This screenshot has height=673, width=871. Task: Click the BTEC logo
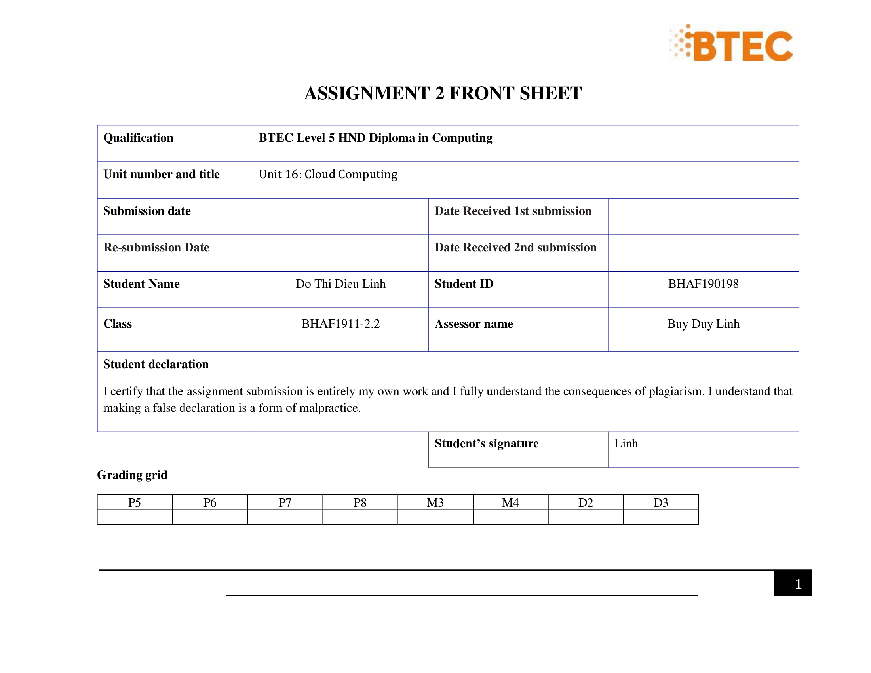pos(731,44)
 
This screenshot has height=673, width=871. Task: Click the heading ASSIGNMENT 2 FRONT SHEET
pos(443,93)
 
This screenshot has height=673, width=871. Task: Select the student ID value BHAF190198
pos(703,284)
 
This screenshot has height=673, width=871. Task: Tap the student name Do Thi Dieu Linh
pos(340,284)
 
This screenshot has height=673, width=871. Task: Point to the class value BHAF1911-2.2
pos(340,324)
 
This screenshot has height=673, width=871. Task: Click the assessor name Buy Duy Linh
pos(703,324)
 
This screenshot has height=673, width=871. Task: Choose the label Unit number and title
pos(162,174)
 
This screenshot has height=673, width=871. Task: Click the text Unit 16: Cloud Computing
pos(328,174)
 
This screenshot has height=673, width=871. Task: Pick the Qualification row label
pos(139,138)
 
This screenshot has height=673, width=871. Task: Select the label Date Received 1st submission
pos(513,211)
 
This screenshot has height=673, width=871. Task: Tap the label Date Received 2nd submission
pos(515,247)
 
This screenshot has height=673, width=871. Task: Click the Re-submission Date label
pos(156,247)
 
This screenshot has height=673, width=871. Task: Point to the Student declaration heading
pos(156,364)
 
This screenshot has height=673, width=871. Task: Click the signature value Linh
pos(626,443)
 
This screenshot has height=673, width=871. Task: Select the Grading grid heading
pos(132,475)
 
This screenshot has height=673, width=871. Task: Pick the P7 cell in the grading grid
pos(285,503)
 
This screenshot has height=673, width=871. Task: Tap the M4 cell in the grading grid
pos(510,503)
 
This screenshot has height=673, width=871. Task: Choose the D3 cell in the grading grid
pos(660,503)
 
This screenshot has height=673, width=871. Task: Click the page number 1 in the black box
pos(798,584)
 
